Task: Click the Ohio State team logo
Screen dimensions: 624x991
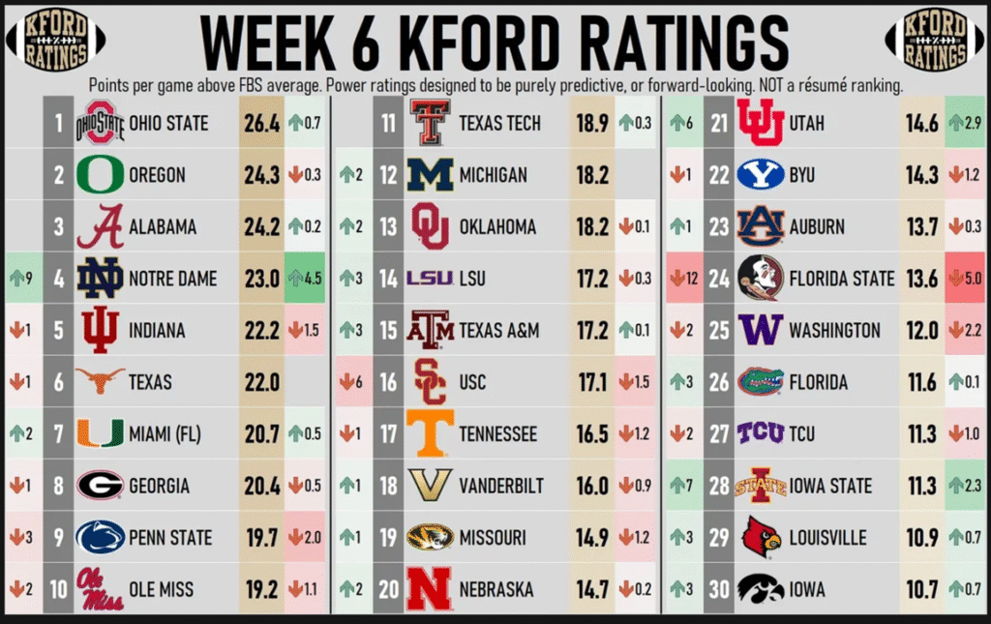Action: tap(100, 123)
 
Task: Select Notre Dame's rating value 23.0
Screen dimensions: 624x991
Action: tap(261, 279)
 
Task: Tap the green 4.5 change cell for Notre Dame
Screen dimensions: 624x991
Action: tap(306, 279)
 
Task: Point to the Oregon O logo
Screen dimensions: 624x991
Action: tap(100, 175)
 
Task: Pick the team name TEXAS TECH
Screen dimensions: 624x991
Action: tap(499, 123)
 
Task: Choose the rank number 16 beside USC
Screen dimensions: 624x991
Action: tap(388, 382)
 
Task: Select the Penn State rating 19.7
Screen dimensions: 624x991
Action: tap(261, 538)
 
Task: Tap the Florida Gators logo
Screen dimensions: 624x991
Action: tap(760, 382)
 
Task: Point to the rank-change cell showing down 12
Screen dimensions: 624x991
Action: tap(682, 279)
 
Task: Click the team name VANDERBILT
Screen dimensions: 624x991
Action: tap(500, 486)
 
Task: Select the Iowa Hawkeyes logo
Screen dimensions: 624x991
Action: tap(760, 589)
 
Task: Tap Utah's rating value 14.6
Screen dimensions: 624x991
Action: tap(919, 123)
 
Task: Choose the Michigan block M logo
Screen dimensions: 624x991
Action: tap(430, 175)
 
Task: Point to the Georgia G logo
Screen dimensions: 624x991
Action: tap(100, 486)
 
